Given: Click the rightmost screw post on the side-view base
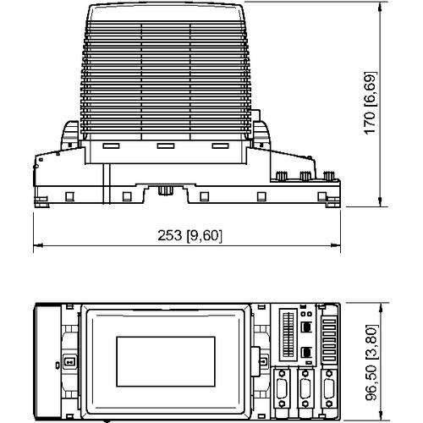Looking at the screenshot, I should [x=327, y=177].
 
